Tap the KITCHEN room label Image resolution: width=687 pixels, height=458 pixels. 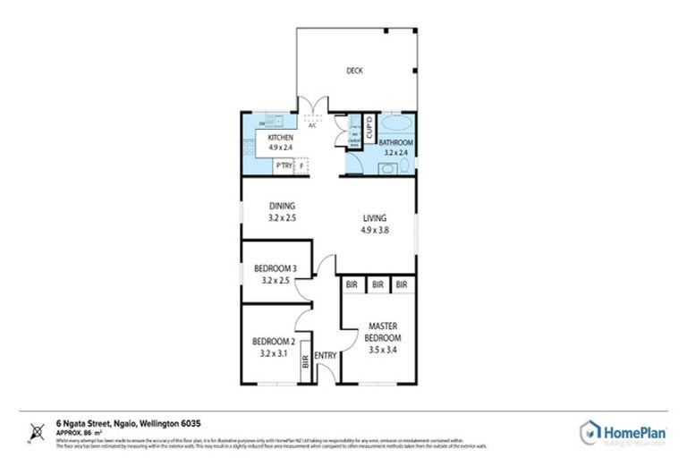(280, 137)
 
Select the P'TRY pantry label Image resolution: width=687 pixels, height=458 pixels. (283, 165)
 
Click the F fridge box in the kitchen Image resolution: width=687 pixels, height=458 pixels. (302, 165)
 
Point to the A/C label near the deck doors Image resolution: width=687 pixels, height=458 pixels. (312, 126)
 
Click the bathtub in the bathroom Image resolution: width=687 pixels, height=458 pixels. (394, 124)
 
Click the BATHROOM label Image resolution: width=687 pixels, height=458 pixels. (394, 143)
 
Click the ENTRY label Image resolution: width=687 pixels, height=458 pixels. (326, 355)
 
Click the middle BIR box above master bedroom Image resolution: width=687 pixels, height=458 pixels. (378, 284)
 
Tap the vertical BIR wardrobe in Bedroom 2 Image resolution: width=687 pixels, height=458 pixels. (306, 362)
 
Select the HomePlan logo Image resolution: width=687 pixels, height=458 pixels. (623, 430)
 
